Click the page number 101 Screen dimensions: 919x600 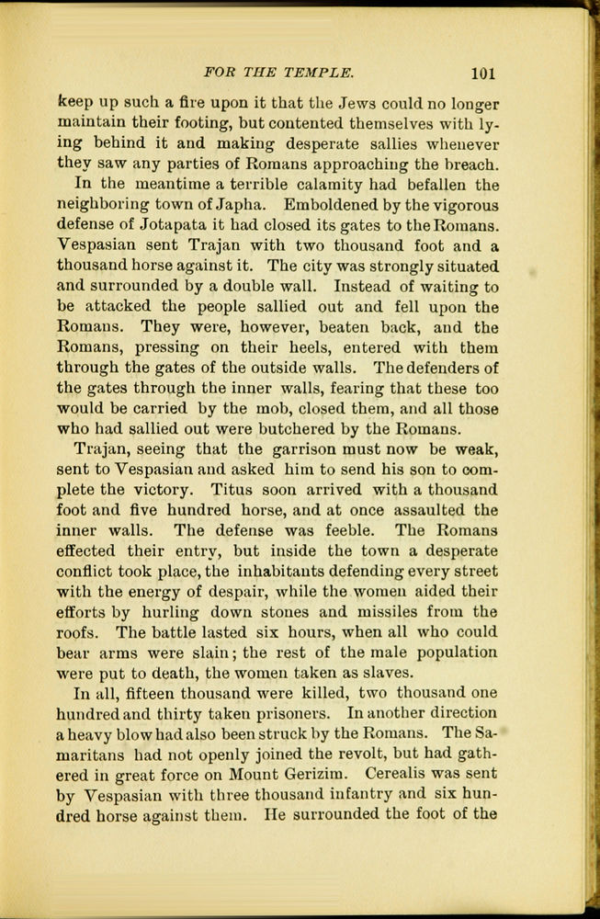coord(482,72)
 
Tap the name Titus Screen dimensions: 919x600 coord(273,490)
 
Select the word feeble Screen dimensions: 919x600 coord(344,530)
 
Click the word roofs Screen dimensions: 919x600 coord(78,632)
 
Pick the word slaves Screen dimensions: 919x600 coord(387,673)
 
